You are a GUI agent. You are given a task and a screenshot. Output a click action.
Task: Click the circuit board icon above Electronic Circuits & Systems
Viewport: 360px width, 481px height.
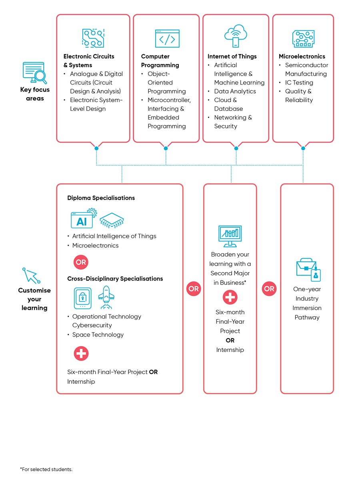coord(93,38)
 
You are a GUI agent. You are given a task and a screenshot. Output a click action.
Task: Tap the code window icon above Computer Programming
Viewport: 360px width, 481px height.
coord(167,38)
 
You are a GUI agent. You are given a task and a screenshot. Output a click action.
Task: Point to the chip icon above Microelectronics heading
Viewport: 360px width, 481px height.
coord(303,39)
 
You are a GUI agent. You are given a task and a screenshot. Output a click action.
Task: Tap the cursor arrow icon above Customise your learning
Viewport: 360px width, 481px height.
coord(32,275)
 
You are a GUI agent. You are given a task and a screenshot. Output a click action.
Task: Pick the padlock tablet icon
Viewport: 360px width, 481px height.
coord(83,298)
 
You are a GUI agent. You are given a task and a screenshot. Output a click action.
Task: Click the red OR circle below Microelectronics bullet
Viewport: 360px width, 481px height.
coord(81,263)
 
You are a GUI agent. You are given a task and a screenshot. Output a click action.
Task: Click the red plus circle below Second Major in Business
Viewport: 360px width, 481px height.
coord(230,297)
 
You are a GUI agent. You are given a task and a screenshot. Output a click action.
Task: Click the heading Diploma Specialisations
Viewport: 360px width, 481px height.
coord(101,198)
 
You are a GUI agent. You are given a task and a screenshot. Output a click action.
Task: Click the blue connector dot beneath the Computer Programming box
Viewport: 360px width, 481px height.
coord(166,148)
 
